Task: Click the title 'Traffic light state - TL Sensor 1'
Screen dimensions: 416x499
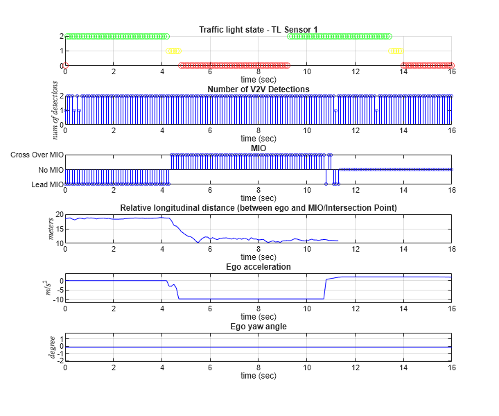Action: tap(258, 29)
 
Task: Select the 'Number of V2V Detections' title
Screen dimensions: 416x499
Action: tap(258, 89)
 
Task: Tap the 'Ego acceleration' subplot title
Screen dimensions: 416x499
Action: tap(258, 266)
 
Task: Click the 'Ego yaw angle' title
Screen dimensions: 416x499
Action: tap(258, 326)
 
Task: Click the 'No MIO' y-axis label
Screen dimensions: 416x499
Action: tap(50, 169)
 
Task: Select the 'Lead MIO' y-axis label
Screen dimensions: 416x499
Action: tap(46, 184)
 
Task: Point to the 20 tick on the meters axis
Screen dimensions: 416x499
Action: tap(59, 214)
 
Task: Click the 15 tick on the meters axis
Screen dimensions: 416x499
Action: tap(59, 229)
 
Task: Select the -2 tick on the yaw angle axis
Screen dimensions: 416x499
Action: tap(60, 361)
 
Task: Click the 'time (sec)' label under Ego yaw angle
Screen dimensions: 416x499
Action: tap(258, 376)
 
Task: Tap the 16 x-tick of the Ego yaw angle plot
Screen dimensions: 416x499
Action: tap(451, 368)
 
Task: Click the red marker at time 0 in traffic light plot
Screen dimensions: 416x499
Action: tap(66, 65)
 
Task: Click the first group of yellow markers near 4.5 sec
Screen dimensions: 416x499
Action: tap(173, 51)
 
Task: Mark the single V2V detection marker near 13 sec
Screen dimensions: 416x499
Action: tap(376, 110)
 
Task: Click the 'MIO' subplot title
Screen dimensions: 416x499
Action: tap(258, 148)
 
